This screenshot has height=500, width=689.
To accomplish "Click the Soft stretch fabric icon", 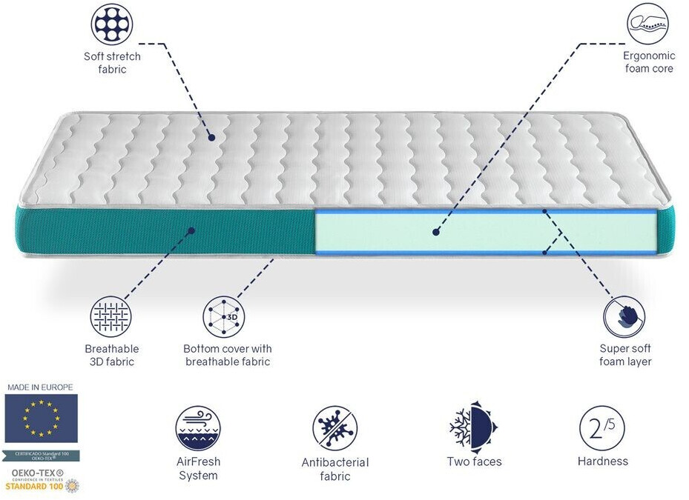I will (112, 24).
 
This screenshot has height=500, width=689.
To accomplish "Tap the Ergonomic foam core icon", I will (647, 23).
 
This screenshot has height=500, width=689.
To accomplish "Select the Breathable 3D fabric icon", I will (111, 316).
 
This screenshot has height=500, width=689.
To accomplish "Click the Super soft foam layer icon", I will (624, 316).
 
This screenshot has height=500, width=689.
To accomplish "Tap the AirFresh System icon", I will (198, 427).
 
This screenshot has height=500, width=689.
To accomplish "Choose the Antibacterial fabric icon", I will (334, 427).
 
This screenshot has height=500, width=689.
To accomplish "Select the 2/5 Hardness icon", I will (602, 427).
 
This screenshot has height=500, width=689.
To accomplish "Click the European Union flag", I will (41, 419).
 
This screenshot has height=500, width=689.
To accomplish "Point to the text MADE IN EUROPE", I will (40, 387).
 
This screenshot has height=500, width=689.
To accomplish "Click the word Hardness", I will (602, 461).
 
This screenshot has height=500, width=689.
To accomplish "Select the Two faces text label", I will (474, 461).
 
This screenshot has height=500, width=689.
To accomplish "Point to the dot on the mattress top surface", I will (211, 137).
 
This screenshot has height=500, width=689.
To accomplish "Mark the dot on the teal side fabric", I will (191, 230).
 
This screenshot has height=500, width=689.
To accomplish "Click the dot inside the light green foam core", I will (436, 232).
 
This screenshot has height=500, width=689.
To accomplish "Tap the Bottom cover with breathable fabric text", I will (228, 355).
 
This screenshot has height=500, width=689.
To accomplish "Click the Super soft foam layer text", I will (625, 355).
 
